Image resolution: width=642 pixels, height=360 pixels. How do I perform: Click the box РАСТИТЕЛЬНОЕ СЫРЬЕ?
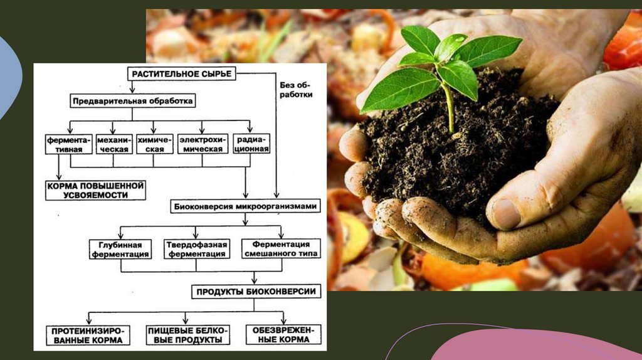pyautogui.click(x=181, y=74)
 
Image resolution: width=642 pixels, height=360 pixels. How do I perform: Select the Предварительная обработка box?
pyautogui.click(x=132, y=100)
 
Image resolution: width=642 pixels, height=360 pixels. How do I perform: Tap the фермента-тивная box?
pyautogui.click(x=69, y=144)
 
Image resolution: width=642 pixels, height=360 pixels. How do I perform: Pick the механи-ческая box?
pyautogui.click(x=113, y=144)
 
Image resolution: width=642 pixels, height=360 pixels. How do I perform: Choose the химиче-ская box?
pyautogui.click(x=154, y=144)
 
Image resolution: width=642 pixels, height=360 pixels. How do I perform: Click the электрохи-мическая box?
pyautogui.click(x=201, y=144)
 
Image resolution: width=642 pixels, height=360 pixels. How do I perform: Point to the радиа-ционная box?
pyautogui.click(x=251, y=144)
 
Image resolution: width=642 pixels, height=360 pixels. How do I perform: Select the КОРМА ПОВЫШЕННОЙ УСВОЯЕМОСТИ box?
pyautogui.click(x=95, y=190)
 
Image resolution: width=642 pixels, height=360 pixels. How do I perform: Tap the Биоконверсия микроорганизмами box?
pyautogui.click(x=245, y=206)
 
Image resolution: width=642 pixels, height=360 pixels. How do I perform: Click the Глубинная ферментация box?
pyautogui.click(x=120, y=249)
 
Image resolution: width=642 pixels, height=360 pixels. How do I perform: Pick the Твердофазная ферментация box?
pyautogui.click(x=196, y=249)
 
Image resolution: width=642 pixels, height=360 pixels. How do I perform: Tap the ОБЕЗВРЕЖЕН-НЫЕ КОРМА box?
pyautogui.click(x=283, y=335)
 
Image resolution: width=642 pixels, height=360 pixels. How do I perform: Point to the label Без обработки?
pyautogui.click(x=295, y=89)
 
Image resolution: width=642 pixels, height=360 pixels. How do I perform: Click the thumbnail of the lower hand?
pyautogui.click(x=507, y=214)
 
